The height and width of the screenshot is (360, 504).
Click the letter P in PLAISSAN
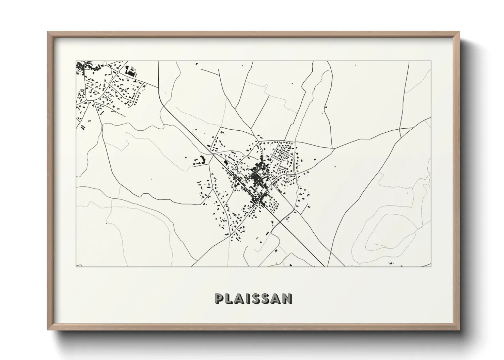point(219,298)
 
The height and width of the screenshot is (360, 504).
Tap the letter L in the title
point(229,298)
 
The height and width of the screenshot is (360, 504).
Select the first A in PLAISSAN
point(239,298)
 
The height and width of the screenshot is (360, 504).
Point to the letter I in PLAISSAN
point(248,298)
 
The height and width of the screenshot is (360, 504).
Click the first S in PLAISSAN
point(256,298)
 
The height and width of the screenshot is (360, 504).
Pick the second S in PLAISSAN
point(266,298)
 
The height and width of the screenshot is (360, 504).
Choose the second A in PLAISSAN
point(277,298)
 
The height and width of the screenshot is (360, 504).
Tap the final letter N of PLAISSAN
point(288,298)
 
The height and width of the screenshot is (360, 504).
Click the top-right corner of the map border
point(431,61)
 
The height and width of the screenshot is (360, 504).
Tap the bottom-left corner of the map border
point(76,266)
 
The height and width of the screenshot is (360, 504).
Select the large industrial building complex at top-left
point(131,70)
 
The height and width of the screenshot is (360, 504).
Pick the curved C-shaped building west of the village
point(199,161)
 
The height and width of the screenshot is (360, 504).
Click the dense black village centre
point(258,177)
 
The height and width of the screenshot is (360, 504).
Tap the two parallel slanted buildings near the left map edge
point(83,127)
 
